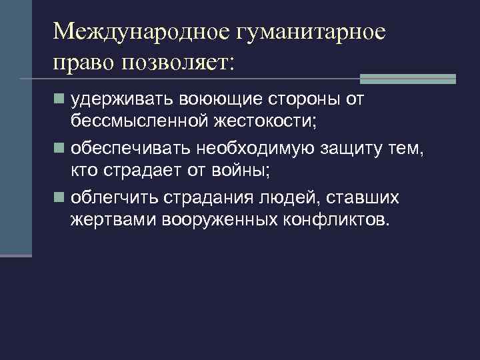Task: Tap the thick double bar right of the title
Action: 407,79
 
